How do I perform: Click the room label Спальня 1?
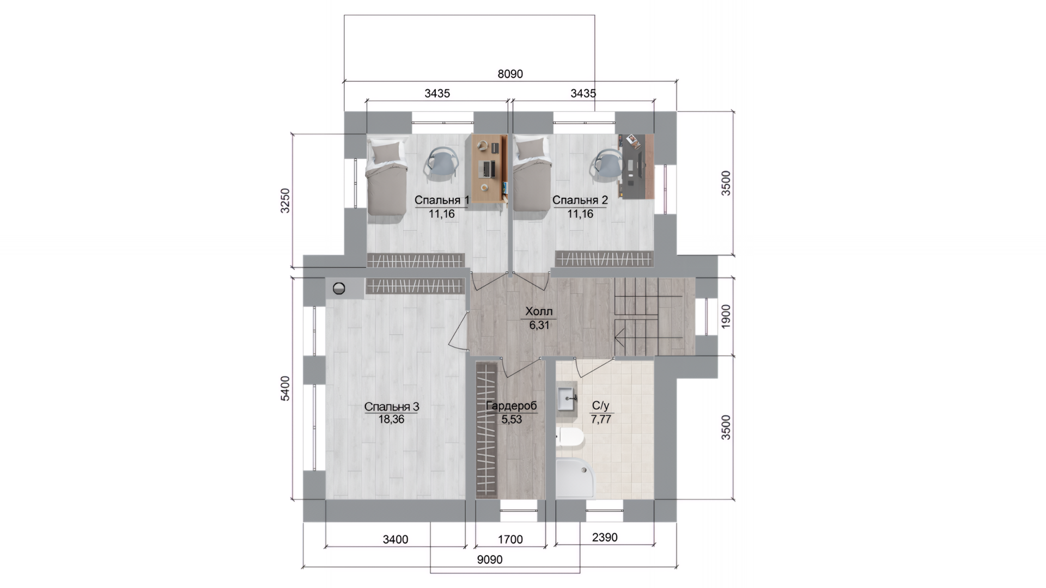[441, 200]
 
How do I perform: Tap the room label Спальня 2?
[580, 200]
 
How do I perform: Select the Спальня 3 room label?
[391, 407]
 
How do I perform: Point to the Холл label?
[539, 312]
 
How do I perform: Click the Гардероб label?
[511, 406]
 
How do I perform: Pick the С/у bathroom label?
[600, 406]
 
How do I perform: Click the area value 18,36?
[391, 419]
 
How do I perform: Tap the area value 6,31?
[539, 325]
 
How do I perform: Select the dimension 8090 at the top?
[510, 74]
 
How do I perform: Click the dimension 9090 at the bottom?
[489, 560]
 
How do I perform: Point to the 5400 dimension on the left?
[285, 388]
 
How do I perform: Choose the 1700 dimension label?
[510, 540]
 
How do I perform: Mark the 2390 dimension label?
[605, 538]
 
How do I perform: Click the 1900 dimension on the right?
[726, 316]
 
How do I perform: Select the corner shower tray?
[575, 478]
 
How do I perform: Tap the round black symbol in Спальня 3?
[339, 288]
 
